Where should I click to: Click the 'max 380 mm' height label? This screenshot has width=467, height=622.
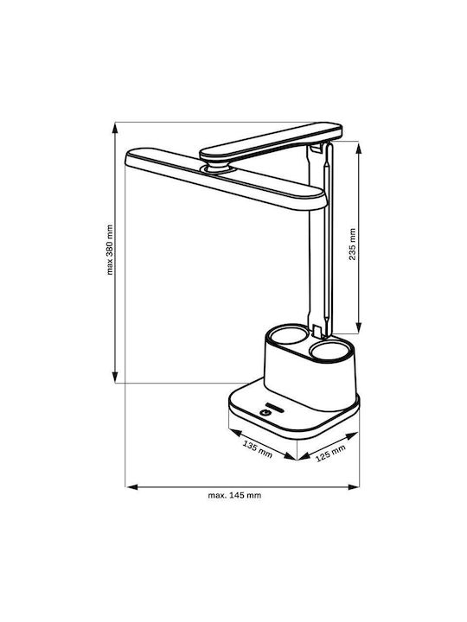coord(110,250)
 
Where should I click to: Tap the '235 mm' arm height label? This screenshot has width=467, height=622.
coord(352,244)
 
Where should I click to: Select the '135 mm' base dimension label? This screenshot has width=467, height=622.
coord(258,449)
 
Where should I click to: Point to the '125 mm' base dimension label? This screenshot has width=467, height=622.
coord(330,453)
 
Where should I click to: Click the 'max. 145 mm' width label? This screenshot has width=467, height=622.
coord(234,495)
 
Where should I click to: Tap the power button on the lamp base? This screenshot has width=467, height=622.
coord(265,413)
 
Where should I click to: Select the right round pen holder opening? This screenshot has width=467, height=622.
coord(330,351)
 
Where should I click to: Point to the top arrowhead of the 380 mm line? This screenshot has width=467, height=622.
coord(115,128)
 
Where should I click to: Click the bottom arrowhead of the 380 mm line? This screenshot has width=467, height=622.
coord(115,378)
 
